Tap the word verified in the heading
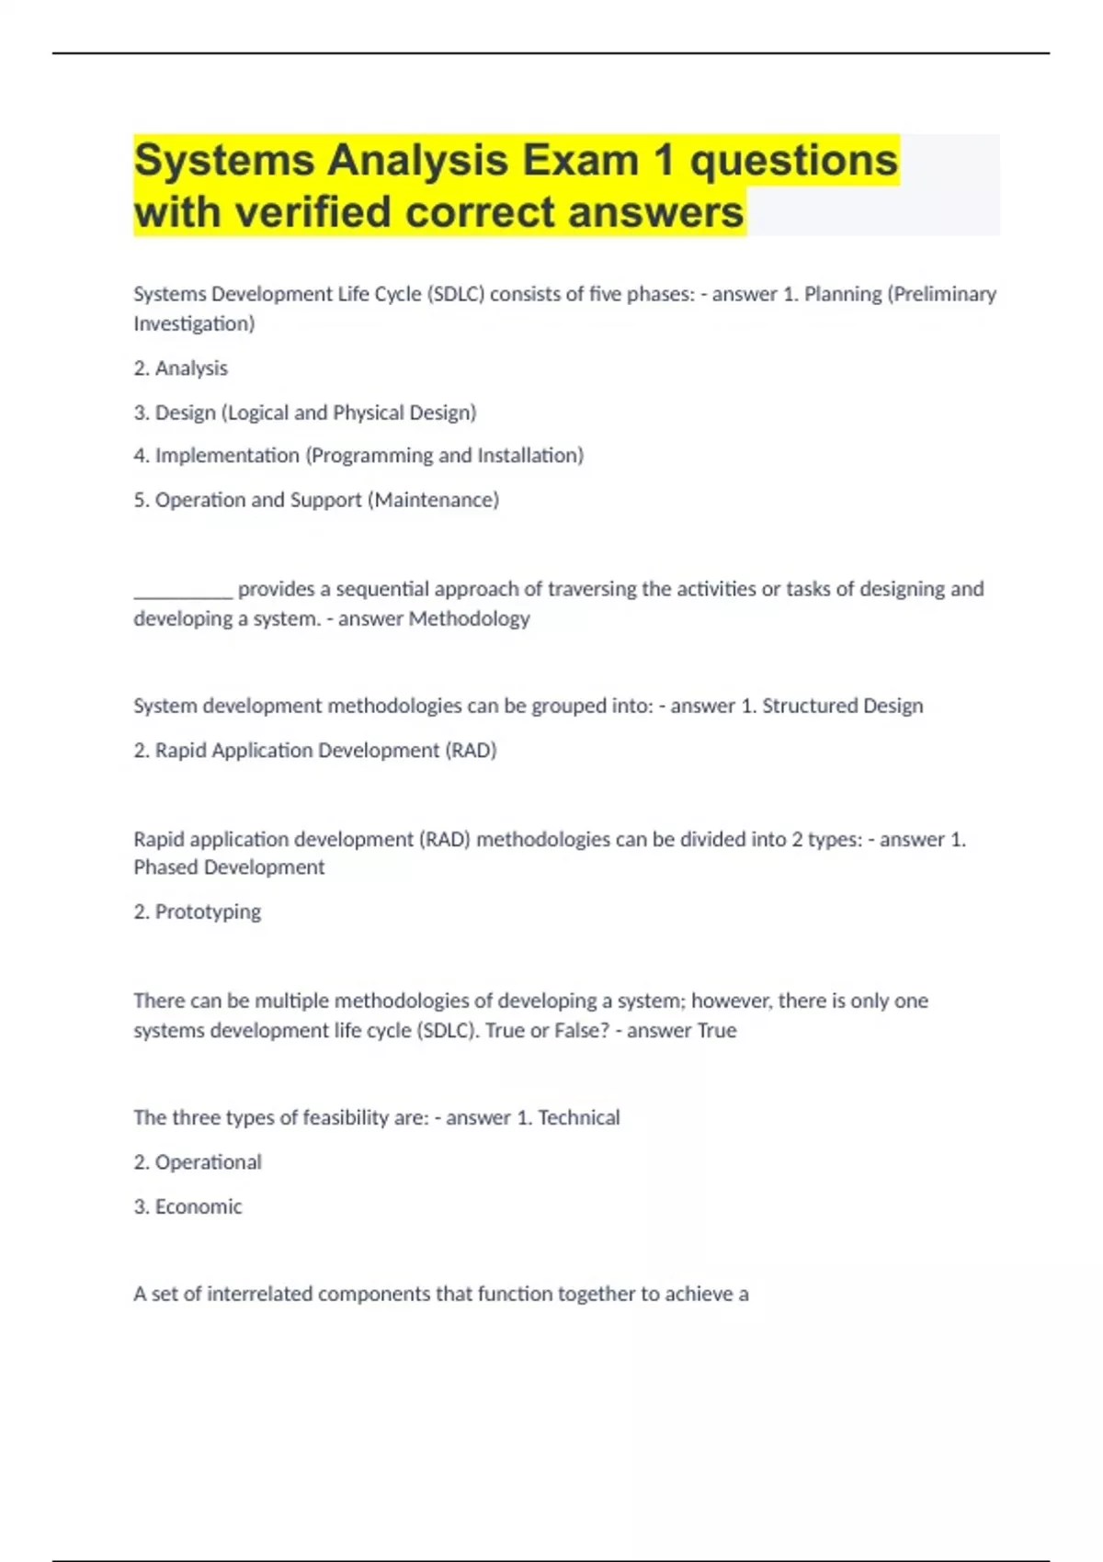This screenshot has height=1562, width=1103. pyautogui.click(x=313, y=212)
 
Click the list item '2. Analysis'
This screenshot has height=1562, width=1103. pyautogui.click(x=180, y=368)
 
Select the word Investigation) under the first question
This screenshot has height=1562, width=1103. pyautogui.click(x=194, y=323)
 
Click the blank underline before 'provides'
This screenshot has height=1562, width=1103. pyautogui.click(x=183, y=590)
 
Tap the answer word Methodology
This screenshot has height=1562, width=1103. pyautogui.click(x=469, y=618)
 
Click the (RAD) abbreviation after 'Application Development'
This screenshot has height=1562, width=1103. pyautogui.click(x=471, y=751)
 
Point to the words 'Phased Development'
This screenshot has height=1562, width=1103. pyautogui.click(x=229, y=867)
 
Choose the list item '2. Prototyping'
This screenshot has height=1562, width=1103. pyautogui.click(x=197, y=911)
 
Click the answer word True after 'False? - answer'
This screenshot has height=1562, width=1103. pyautogui.click(x=716, y=1030)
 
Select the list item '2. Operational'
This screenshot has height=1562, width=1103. pyautogui.click(x=198, y=1162)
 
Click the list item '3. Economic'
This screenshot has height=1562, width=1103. pyautogui.click(x=188, y=1206)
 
